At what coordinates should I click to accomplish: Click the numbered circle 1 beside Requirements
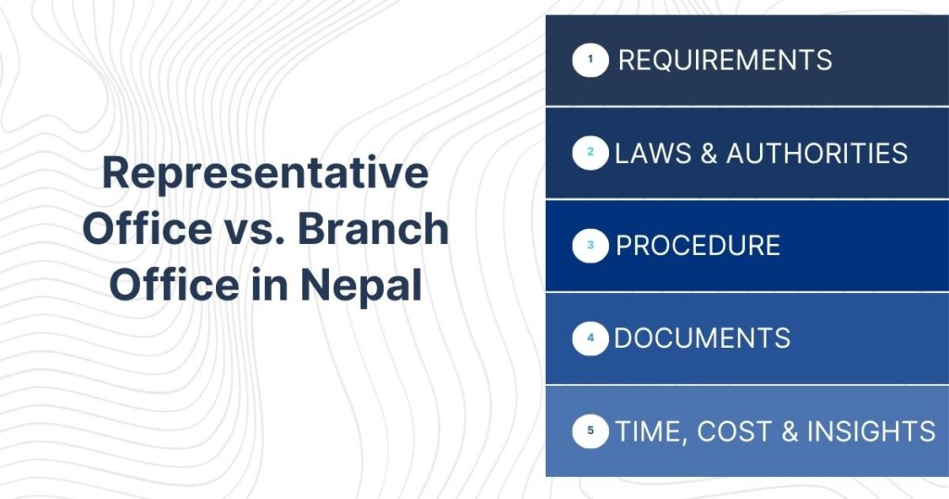pos(590,61)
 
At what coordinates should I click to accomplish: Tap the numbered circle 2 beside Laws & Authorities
pos(590,153)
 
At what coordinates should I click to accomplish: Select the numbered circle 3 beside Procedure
pos(590,246)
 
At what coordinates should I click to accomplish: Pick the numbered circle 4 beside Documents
pos(590,339)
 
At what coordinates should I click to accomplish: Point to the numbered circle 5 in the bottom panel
pos(590,431)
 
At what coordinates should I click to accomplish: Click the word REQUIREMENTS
pos(725,61)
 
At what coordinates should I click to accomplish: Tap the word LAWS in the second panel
pos(649,153)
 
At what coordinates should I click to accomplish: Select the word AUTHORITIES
pos(816,153)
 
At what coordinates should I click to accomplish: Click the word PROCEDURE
pos(698,246)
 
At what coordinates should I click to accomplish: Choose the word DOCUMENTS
pos(702,339)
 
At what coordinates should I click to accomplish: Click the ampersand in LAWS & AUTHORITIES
pos(709,153)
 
